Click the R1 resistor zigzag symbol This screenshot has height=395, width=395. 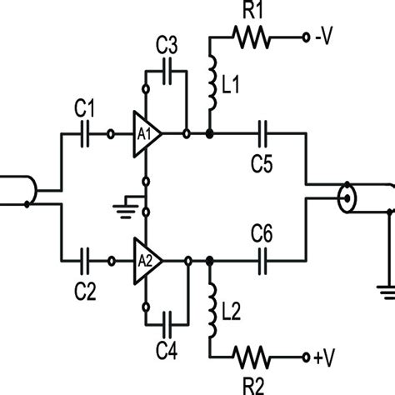click(252, 37)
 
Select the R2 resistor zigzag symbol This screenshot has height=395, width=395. click(252, 358)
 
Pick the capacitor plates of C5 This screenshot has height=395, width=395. click(264, 133)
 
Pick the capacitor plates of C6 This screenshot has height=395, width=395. click(264, 261)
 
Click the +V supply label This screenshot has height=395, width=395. click(325, 358)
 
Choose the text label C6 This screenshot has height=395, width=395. click(264, 236)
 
